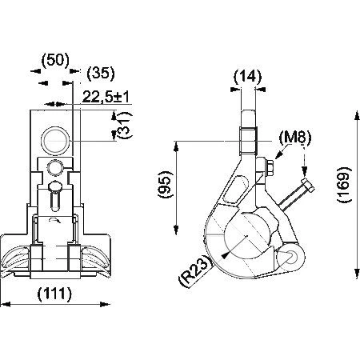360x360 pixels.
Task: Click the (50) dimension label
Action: click(x=55, y=60)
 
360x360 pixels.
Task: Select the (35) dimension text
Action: click(x=101, y=73)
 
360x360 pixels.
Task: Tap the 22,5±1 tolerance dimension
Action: click(x=106, y=97)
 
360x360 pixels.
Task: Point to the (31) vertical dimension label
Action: click(x=125, y=126)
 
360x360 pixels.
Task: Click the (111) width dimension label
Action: click(x=55, y=294)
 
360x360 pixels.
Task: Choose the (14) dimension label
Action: click(x=248, y=77)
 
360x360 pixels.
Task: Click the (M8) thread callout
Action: click(x=295, y=138)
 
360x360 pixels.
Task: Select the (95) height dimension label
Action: click(x=166, y=184)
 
